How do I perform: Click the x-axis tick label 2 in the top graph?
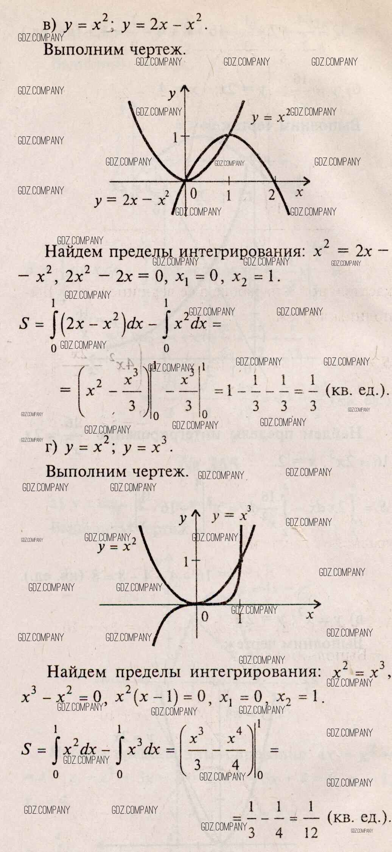pos(271,195)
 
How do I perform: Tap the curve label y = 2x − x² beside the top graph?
pos(131,199)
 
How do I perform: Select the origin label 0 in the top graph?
pos(193,193)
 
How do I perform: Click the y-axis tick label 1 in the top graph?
pos(176,137)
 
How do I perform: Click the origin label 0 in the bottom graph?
pos(205,616)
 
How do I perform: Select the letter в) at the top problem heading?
pos(50,25)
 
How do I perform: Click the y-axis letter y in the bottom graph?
pos(183,518)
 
